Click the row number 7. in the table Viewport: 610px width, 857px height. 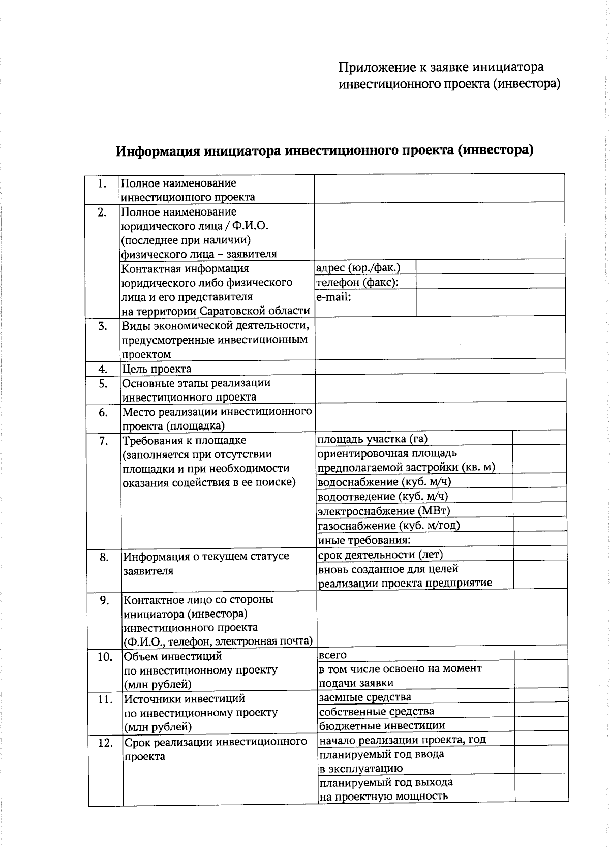point(103,441)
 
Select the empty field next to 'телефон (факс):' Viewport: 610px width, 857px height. point(490,282)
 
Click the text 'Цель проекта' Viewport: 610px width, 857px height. point(157,369)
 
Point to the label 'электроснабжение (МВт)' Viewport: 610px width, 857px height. point(384,511)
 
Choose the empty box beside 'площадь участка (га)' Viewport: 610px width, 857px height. point(539,438)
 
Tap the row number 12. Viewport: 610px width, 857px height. point(105,743)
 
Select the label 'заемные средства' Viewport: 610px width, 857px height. point(365,697)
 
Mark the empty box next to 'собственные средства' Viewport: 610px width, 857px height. point(541,711)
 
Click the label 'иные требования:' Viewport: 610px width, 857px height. point(364,540)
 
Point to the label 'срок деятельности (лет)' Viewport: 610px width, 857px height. point(381,554)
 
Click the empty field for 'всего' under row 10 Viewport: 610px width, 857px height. point(541,654)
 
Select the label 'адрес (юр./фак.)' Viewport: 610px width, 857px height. point(358,267)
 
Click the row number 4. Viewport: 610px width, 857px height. point(103,369)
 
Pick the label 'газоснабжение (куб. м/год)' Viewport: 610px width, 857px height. point(388,525)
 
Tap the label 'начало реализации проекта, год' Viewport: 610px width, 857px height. point(402,739)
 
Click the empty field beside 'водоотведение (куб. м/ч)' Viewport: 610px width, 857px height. point(540,495)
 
